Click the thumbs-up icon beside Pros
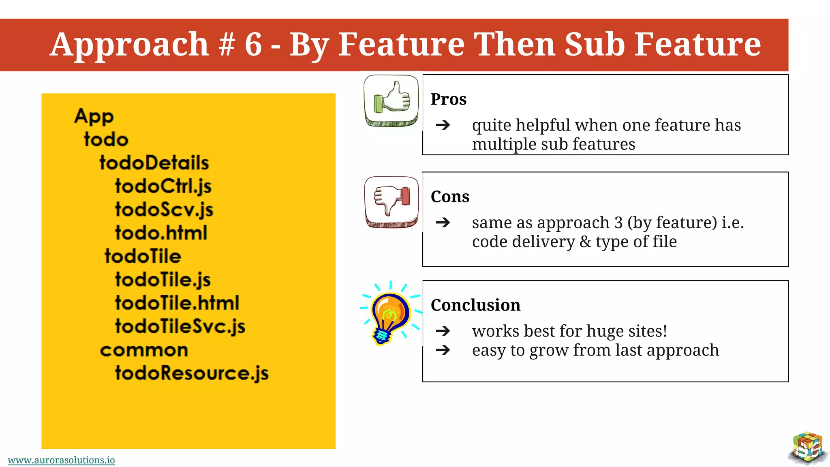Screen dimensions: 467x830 pos(391,100)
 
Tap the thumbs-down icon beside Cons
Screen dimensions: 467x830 pos(391,201)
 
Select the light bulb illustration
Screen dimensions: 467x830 pos(389,314)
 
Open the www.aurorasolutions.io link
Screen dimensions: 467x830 pos(61,460)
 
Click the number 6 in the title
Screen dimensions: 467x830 pos(253,44)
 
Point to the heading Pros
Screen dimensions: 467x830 pos(448,99)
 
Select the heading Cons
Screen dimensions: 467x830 pos(450,197)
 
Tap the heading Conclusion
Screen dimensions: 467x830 pos(475,305)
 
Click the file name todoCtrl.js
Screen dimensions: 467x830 pos(163,186)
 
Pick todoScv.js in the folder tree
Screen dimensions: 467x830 pos(164,210)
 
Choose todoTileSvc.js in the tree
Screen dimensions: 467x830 pos(180,326)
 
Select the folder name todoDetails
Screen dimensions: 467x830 pos(154,163)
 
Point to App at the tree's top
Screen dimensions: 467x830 pos(94,116)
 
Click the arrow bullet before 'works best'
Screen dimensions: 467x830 pos(443,331)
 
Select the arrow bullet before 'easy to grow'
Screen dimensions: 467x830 pos(443,350)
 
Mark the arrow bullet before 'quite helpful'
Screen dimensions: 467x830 pos(443,125)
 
